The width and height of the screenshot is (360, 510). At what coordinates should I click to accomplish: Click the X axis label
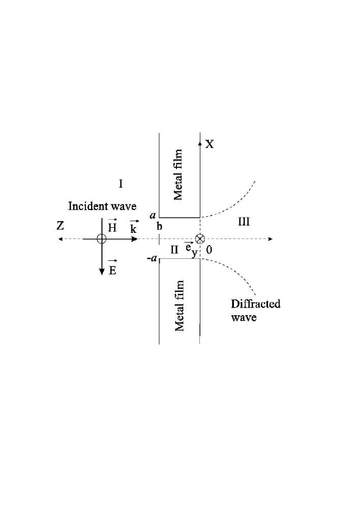[209, 144]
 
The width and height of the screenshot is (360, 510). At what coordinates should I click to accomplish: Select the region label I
[121, 183]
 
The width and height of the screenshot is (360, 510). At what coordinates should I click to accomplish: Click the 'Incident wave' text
[103, 206]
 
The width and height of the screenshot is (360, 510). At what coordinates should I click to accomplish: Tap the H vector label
[112, 228]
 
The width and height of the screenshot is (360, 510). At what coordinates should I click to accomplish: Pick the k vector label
[133, 228]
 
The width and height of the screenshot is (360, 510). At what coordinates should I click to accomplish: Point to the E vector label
[112, 269]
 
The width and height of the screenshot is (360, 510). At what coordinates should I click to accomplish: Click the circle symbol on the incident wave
[102, 239]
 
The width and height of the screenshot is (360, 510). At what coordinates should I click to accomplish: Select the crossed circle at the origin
[200, 239]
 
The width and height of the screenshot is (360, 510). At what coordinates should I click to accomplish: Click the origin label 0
[209, 250]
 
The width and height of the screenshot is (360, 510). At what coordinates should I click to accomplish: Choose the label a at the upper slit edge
[153, 216]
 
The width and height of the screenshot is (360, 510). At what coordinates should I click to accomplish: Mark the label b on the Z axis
[160, 227]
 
